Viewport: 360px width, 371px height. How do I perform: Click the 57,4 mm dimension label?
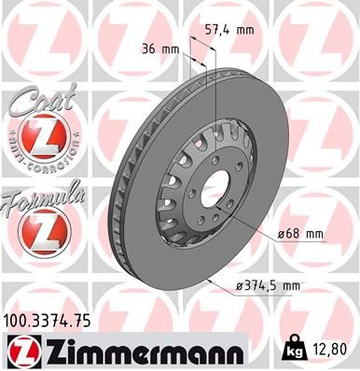[228, 31]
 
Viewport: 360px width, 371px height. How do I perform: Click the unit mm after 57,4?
[244, 31]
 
